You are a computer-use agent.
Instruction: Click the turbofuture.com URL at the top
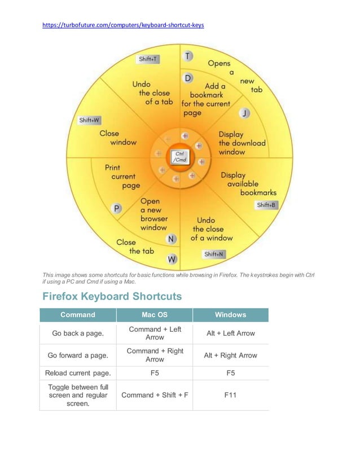(124, 25)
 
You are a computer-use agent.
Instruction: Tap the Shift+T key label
(148, 59)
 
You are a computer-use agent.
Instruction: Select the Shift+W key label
(89, 120)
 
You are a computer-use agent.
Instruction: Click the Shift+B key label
(267, 205)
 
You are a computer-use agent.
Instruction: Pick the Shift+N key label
(214, 254)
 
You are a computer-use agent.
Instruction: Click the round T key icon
(187, 56)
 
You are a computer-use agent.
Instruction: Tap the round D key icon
(188, 77)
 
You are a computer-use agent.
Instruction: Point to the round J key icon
(244, 113)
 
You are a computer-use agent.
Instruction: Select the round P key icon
(117, 208)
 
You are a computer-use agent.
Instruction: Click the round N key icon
(172, 239)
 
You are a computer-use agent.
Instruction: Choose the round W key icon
(172, 260)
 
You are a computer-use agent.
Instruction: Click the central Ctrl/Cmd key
(179, 156)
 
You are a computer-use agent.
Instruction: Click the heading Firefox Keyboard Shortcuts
(112, 296)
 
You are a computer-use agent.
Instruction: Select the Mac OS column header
(154, 315)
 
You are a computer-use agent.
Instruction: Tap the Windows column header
(230, 315)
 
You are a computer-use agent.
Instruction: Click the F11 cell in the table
(230, 395)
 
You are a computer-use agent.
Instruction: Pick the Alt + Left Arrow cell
(230, 333)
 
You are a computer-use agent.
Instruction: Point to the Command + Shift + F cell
(154, 395)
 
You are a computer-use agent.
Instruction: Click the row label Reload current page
(78, 373)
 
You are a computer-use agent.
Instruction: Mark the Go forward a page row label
(78, 355)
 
